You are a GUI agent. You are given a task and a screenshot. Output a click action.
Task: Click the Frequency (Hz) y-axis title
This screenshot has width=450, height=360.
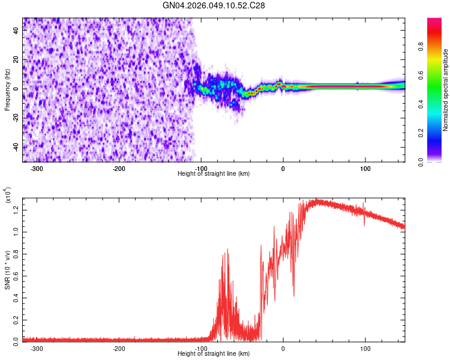pos(7,89)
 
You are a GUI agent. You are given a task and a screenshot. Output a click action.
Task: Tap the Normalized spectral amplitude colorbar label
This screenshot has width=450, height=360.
pos(446,89)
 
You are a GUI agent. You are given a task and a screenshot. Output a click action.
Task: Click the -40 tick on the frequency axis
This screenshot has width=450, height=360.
pos(16,147)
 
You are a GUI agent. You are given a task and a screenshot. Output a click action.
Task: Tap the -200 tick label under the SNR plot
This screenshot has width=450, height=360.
pos(118,348)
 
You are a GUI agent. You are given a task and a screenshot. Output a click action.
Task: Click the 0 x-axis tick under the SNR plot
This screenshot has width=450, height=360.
pos(283,348)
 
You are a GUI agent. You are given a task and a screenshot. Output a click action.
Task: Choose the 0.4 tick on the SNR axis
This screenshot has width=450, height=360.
pos(17,297)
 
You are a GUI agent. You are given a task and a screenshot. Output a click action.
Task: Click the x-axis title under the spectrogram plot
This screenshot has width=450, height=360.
pos(214,174)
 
